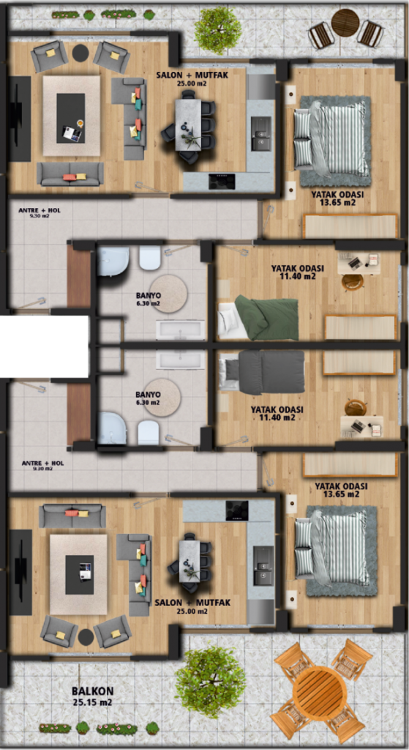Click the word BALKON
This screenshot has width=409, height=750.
click(x=93, y=691)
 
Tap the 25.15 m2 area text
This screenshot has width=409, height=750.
click(x=93, y=702)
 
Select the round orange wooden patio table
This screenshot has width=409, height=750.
click(x=320, y=691)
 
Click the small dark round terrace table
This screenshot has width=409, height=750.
click(x=345, y=23)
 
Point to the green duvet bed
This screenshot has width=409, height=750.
click(x=260, y=318)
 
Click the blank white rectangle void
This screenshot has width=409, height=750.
click(x=44, y=346)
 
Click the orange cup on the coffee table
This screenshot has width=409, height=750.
click(x=80, y=124)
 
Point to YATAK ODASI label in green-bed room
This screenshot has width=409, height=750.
click(x=298, y=267)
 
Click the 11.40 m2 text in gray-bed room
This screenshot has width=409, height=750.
click(x=273, y=418)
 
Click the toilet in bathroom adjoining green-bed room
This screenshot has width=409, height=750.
click(x=149, y=258)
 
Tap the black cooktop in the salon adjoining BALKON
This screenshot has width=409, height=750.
click(x=237, y=510)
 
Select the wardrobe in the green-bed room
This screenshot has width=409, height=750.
click(x=361, y=327)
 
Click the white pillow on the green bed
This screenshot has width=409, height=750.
click(x=228, y=319)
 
